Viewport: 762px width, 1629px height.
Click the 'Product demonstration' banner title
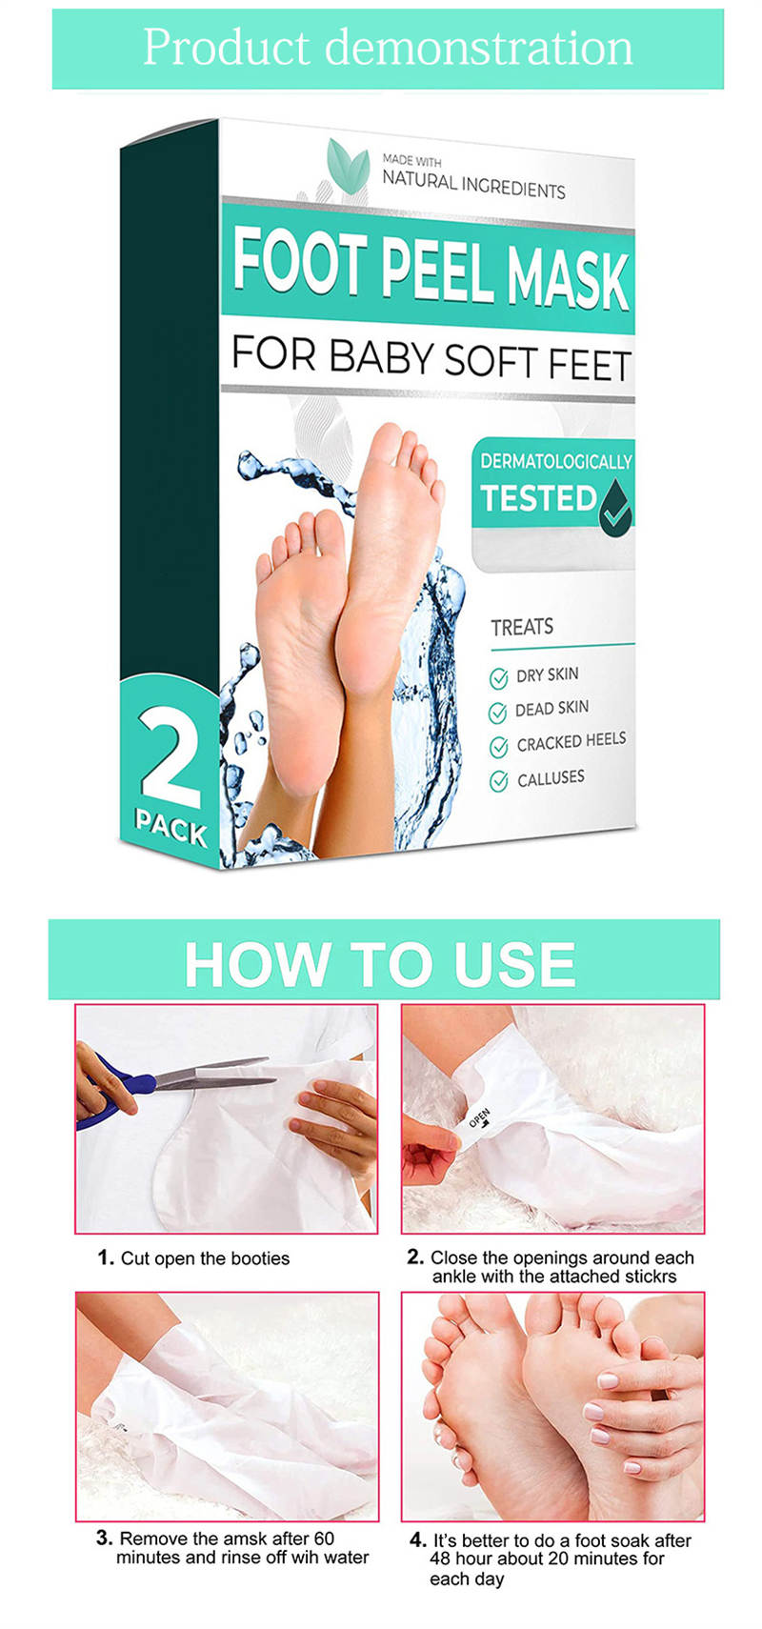tap(388, 48)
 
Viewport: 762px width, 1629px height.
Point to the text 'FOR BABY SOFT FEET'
tap(431, 359)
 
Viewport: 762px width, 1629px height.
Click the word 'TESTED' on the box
tap(538, 498)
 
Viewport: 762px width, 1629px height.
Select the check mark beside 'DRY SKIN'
tap(498, 678)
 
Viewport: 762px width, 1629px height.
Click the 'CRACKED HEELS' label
tap(571, 741)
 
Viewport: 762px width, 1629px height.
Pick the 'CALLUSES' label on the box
tap(551, 779)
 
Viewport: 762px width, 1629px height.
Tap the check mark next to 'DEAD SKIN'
tap(497, 713)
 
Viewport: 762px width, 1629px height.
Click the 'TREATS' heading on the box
tap(522, 627)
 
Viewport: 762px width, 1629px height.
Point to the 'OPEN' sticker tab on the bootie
tap(478, 1118)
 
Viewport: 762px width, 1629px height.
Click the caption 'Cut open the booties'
tap(205, 1258)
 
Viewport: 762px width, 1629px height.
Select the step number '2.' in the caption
tap(414, 1257)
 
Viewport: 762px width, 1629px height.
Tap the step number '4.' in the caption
tap(417, 1539)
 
